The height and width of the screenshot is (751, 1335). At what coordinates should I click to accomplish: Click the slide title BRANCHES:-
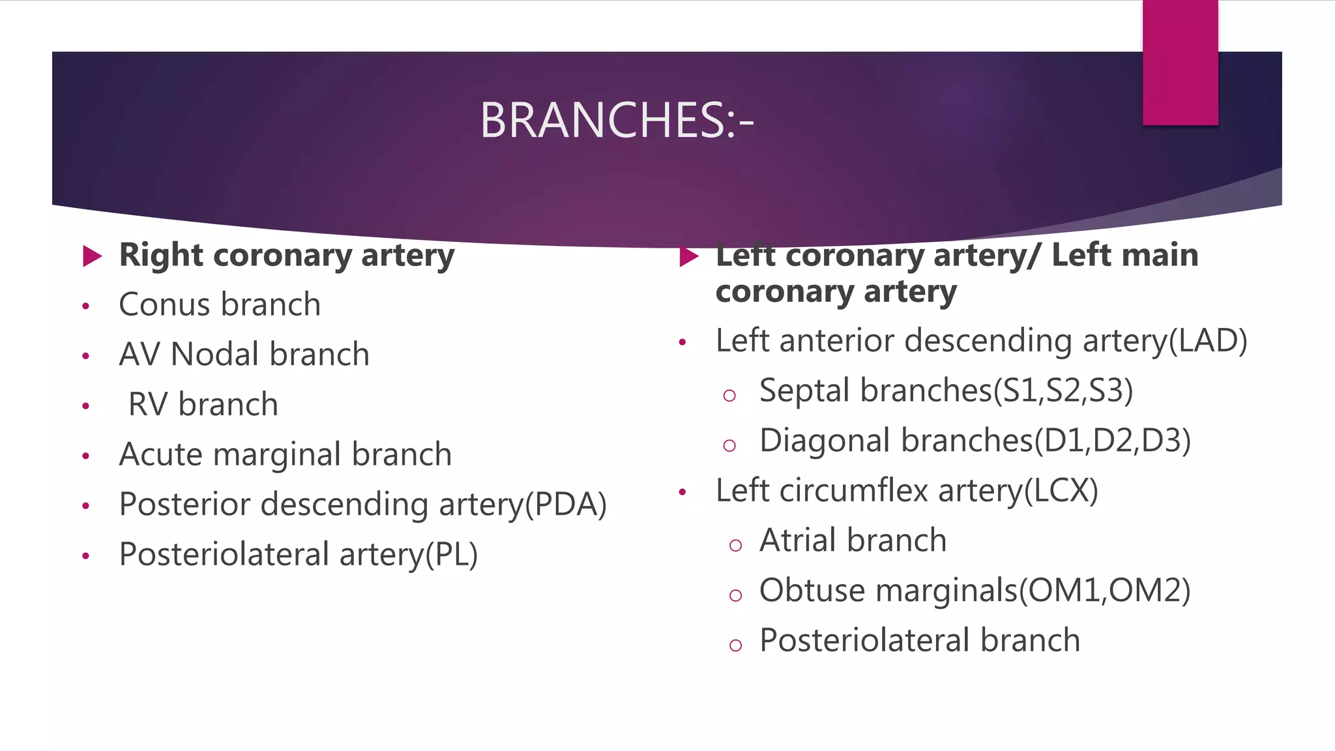(x=617, y=121)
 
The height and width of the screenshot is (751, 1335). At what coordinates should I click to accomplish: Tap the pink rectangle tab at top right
(x=1180, y=63)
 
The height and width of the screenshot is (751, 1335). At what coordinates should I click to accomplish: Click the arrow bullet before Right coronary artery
(x=93, y=256)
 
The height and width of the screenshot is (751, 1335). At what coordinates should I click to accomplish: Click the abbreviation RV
(x=149, y=404)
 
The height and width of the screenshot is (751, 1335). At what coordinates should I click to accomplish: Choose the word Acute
(x=160, y=454)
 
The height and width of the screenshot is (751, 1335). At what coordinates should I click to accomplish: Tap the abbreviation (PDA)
(x=566, y=505)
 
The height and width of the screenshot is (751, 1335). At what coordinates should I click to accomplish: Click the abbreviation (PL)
(x=451, y=555)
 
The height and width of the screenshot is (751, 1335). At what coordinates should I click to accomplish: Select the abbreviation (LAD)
(x=1207, y=341)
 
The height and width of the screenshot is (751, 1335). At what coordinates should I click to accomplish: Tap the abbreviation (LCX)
(x=1061, y=490)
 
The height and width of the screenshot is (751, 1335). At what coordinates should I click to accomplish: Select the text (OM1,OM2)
(x=1104, y=591)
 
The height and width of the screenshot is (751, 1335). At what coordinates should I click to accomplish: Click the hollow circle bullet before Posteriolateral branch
(x=735, y=645)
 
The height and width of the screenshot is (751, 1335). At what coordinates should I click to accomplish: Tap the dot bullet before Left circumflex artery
(x=682, y=492)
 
